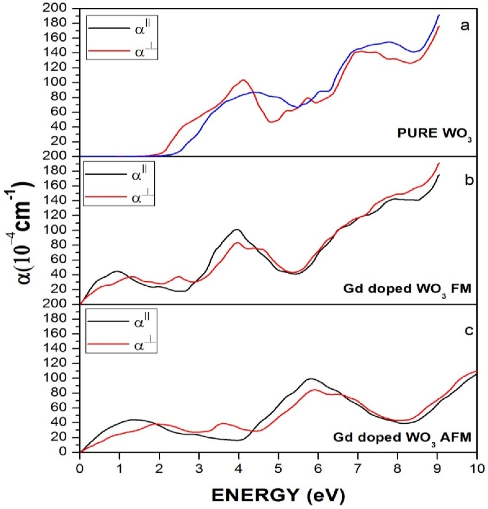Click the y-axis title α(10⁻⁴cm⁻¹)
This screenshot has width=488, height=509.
point(19,231)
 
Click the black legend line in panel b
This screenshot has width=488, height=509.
point(105,174)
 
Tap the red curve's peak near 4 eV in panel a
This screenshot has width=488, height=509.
point(243,80)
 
